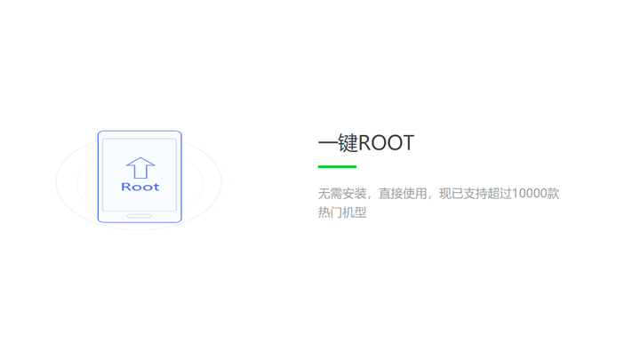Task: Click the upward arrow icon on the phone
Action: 140,168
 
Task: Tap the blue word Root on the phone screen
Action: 140,187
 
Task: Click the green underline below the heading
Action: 337,166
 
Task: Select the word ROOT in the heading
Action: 386,143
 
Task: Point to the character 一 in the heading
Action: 328,143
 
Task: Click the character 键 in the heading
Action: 348,143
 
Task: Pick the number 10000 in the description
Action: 530,193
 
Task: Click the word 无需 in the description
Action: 330,194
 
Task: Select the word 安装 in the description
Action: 355,194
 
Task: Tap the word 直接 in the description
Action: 390,194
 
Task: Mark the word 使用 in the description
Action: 415,194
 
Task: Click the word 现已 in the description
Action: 451,194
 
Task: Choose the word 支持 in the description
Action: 476,194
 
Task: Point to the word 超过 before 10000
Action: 500,194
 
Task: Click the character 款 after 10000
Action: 554,194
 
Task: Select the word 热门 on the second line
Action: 330,212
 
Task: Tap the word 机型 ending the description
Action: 355,212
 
